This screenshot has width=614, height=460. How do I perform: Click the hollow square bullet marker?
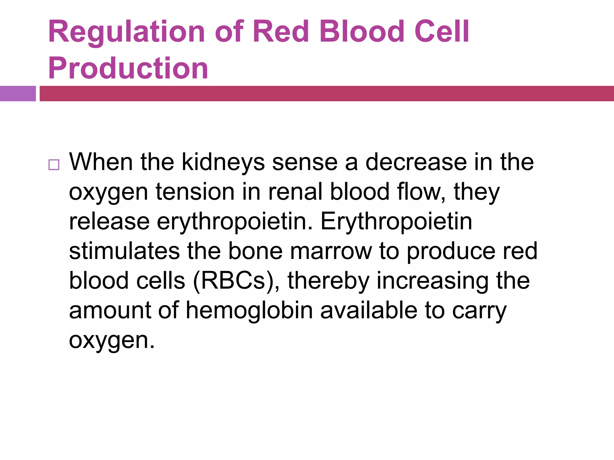click(54, 165)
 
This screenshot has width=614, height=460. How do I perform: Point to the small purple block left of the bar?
click(18, 93)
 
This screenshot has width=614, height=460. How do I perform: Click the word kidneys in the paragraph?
click(223, 163)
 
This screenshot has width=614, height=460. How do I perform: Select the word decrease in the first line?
click(416, 162)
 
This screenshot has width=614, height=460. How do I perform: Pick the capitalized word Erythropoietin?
click(396, 222)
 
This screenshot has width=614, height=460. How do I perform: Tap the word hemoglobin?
click(249, 311)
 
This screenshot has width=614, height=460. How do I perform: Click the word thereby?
click(328, 281)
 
